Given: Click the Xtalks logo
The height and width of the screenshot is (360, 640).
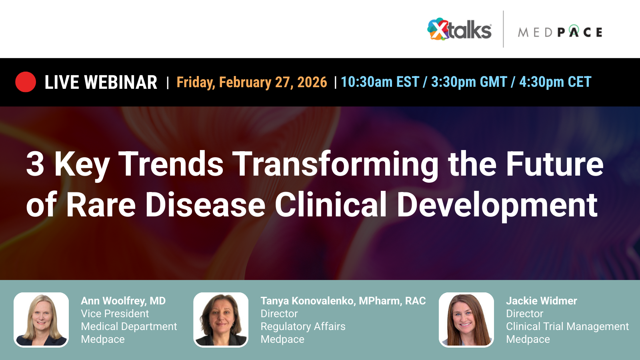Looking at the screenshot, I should tap(459, 30).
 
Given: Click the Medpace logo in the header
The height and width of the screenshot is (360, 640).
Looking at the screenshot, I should tap(560, 32).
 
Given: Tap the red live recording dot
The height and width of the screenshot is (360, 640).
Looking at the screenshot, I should tap(26, 82).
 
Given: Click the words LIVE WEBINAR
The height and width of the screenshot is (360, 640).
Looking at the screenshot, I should tap(101, 82).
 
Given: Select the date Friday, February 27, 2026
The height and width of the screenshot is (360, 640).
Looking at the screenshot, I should tap(252, 82).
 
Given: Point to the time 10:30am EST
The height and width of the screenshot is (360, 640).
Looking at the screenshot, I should tap(380, 82).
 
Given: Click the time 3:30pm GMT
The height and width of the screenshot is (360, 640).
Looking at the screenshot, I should tap(469, 82).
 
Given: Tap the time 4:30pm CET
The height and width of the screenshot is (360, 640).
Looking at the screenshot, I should tap(555, 82).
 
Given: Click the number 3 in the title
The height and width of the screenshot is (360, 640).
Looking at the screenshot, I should tap(35, 164).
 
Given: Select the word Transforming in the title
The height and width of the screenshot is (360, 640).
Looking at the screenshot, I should tap(336, 164).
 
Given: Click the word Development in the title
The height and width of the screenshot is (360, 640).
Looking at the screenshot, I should tap(497, 205).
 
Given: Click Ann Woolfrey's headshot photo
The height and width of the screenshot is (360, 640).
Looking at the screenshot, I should tap(41, 320).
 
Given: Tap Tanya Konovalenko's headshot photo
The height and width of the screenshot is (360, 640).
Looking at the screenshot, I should tap(221, 320).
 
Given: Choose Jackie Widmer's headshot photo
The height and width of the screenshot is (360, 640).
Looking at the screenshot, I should tap(466, 320).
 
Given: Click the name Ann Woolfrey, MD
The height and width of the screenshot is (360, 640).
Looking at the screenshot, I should tap(123, 301).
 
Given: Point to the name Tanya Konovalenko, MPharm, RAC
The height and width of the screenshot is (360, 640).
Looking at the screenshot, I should tap(343, 301).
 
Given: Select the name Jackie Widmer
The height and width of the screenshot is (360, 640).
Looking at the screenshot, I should tap(542, 301).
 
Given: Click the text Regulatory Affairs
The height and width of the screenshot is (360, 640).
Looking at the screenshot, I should tap(303, 326).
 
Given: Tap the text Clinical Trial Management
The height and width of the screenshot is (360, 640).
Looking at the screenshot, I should tap(567, 326).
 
